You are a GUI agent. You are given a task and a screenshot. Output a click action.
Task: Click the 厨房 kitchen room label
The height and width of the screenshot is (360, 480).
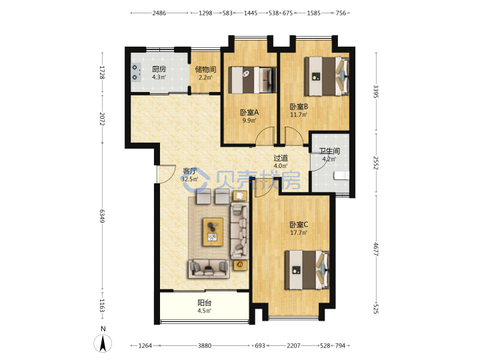[159, 69]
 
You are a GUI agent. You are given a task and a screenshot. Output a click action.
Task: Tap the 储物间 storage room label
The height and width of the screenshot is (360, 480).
[205, 69]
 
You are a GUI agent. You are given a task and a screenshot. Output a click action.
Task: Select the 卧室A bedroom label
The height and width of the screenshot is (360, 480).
[249, 113]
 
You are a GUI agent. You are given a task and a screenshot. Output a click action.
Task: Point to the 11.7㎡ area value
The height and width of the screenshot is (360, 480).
[299, 115]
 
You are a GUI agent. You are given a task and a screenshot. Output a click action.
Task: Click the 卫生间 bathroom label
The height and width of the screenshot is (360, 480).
[329, 151]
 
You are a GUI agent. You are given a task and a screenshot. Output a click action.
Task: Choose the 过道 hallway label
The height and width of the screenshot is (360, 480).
[281, 158]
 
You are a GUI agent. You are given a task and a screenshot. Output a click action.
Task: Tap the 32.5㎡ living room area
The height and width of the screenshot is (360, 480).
[189, 179]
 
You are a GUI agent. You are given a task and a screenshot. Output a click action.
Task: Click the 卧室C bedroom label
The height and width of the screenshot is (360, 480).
[299, 225]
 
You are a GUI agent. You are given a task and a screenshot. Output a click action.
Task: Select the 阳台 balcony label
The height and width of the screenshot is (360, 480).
[204, 303]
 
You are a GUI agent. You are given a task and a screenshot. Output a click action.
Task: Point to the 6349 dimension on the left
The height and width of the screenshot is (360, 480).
[102, 216]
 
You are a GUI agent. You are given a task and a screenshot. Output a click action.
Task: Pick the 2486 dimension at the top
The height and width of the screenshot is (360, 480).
[159, 13]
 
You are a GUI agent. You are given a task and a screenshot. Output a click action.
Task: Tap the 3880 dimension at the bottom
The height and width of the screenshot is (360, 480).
[204, 345]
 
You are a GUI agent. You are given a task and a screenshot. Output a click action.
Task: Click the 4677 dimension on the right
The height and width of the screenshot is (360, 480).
[376, 249]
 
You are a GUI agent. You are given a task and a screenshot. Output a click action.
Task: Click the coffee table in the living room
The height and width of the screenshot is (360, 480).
[213, 232]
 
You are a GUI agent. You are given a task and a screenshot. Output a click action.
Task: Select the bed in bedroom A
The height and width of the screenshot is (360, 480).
[252, 80]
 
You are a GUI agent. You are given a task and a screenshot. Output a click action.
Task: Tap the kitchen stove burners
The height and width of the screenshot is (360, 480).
[135, 72]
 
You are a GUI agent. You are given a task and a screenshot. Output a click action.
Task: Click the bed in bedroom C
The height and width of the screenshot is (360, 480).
[307, 270]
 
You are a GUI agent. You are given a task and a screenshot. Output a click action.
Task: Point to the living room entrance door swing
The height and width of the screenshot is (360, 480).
[165, 174]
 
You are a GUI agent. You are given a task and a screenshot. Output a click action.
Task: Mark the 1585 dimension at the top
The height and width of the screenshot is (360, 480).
[313, 13]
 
